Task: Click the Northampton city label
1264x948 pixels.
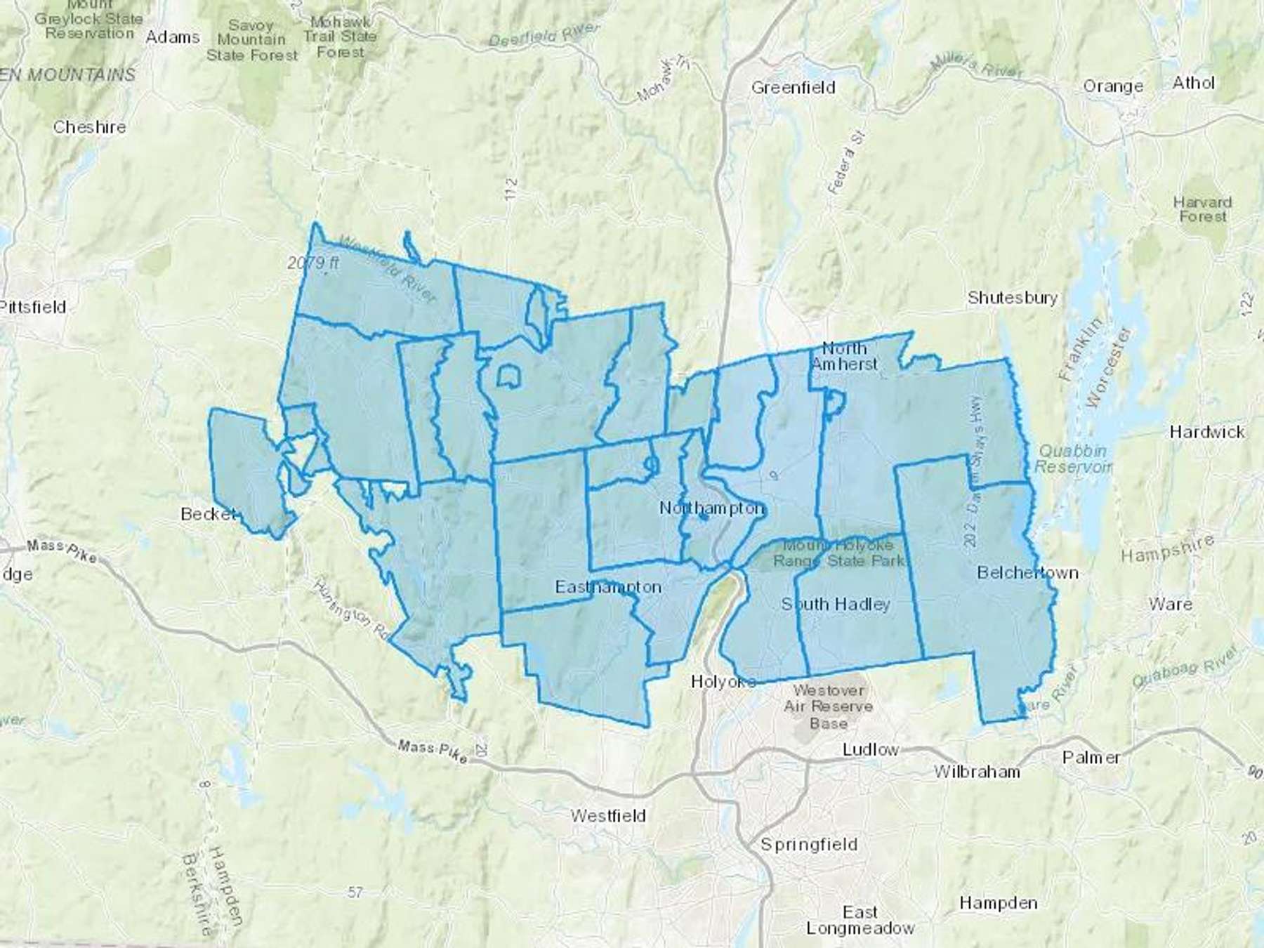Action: [x=711, y=508]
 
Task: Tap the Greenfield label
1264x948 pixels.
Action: [x=793, y=88]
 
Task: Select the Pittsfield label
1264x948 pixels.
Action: [x=33, y=307]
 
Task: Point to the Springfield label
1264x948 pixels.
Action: [x=809, y=844]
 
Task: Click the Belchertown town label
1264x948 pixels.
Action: [x=1027, y=573]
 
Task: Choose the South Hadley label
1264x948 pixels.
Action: [x=836, y=604]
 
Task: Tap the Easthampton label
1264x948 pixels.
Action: [x=608, y=587]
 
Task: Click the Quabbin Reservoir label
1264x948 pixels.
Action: [x=1073, y=459]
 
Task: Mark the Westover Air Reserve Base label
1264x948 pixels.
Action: [x=829, y=706]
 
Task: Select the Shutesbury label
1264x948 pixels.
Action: [x=1012, y=298]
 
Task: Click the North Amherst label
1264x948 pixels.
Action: [x=845, y=356]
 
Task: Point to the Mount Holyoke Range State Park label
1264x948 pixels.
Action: [x=838, y=553]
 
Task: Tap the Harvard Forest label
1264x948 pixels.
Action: [x=1202, y=209]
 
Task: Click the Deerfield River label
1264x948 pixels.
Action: [x=544, y=35]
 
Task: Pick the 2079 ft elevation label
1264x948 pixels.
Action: [x=314, y=263]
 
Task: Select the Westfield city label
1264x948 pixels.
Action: [x=608, y=816]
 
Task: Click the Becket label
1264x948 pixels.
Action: [x=207, y=514]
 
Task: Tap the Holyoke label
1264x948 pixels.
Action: [x=723, y=681]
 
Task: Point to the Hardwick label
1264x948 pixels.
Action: [x=1206, y=432]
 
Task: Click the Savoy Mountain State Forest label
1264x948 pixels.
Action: [x=251, y=40]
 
